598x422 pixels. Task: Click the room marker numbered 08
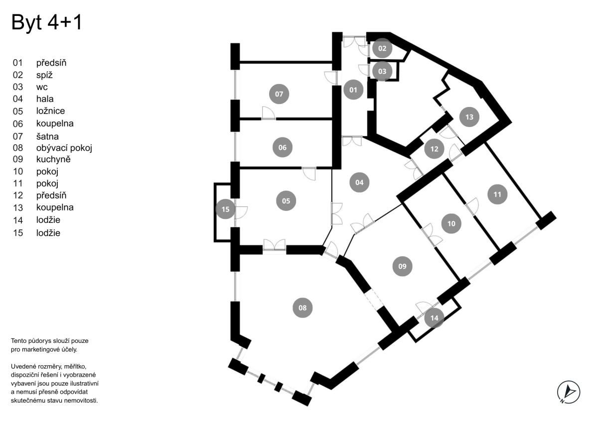[x=302, y=308]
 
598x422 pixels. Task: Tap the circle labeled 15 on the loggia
[x=225, y=209]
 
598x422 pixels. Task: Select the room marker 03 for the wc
[x=382, y=71]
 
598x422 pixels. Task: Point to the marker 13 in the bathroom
[x=469, y=117]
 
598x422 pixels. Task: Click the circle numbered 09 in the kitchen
[x=402, y=266]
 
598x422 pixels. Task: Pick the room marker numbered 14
[x=434, y=317]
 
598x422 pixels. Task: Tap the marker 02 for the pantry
[x=382, y=48]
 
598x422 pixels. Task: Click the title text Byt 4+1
[x=46, y=23]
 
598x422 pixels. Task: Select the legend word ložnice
[x=50, y=111]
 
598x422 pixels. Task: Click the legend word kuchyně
[x=53, y=159]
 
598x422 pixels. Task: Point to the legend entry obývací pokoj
[x=64, y=148]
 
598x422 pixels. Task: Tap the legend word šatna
[x=48, y=136]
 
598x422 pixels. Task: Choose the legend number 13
[x=18, y=208]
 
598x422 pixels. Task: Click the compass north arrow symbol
[x=569, y=392]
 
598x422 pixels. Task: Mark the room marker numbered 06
[x=283, y=147]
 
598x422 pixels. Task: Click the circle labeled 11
[x=497, y=194]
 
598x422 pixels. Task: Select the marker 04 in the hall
[x=359, y=182]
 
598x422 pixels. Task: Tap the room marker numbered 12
[x=434, y=148]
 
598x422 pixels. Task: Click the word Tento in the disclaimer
[x=19, y=340]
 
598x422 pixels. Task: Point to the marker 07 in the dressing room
[x=279, y=94]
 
